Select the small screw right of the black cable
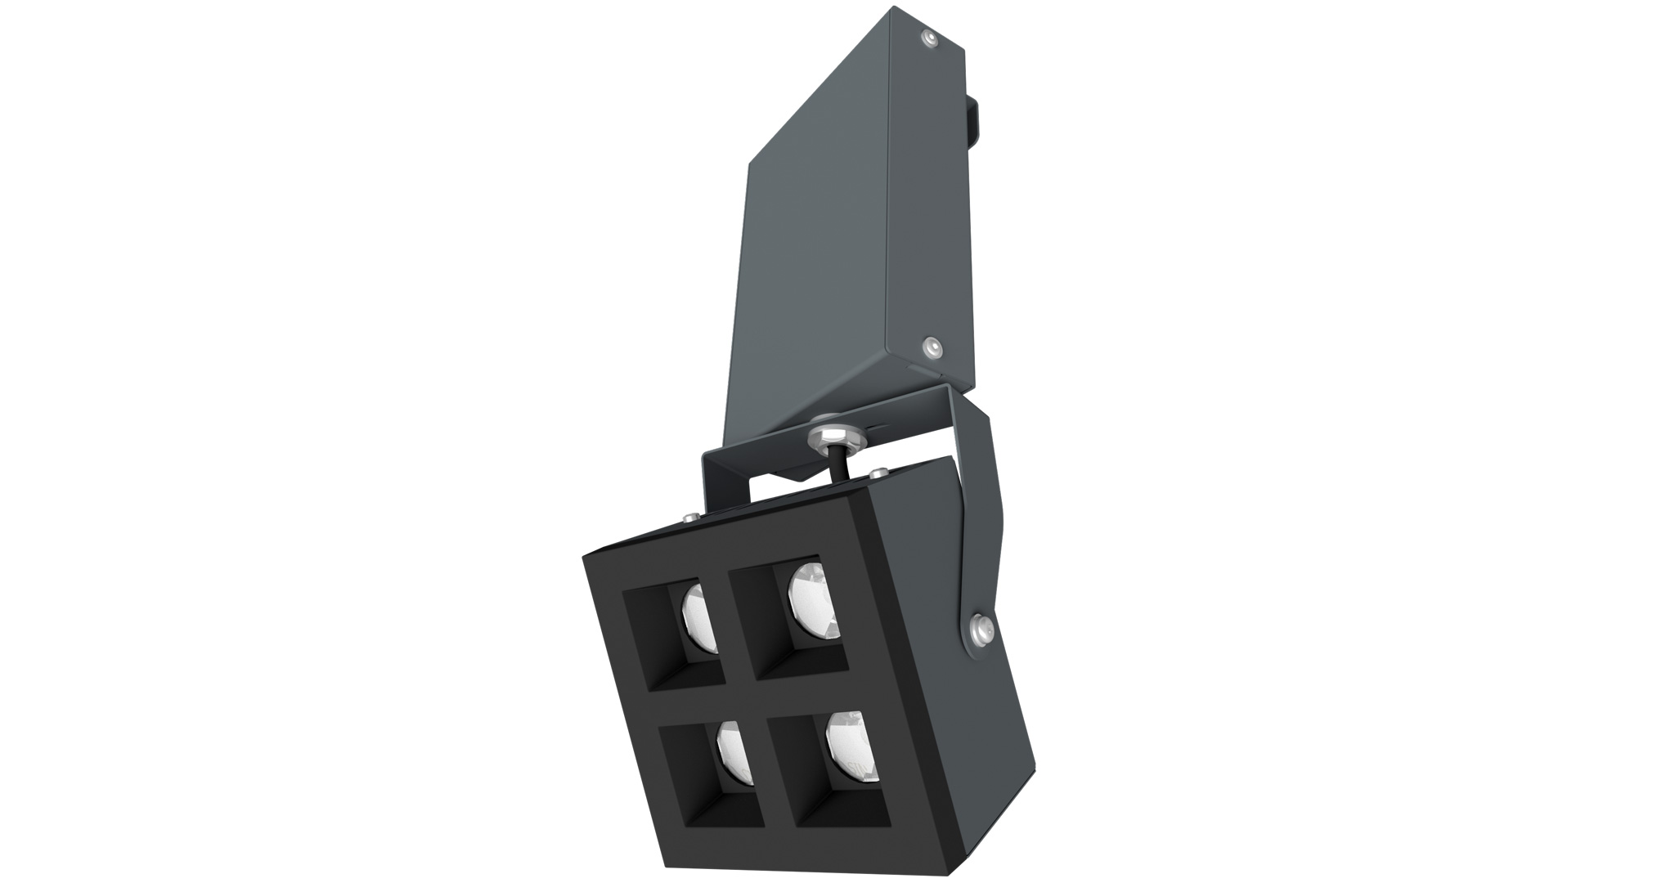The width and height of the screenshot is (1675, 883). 880,473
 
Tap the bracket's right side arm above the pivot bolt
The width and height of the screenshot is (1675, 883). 977,507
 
